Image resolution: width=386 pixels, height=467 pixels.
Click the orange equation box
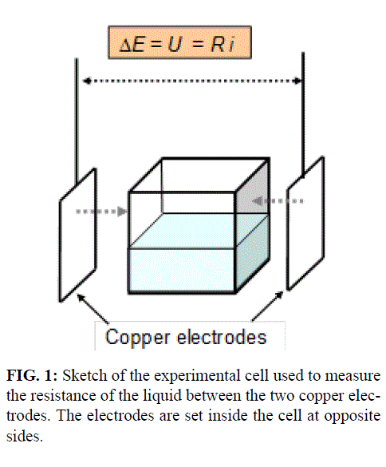[179, 42]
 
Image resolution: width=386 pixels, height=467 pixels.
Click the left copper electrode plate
[77, 235]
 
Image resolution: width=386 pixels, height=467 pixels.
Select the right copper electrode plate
[305, 223]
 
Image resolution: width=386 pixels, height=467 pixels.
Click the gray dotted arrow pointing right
[101, 212]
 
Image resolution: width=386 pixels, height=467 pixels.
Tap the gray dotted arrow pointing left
[278, 201]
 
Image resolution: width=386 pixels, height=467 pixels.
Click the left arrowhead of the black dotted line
[87, 81]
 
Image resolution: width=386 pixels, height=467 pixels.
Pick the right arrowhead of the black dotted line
[297, 81]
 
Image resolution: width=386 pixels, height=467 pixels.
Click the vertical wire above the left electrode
[77, 121]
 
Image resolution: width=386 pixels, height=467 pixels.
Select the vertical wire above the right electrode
[303, 115]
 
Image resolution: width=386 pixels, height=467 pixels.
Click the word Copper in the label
[137, 338]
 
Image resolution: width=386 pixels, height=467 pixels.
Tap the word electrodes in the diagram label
[222, 337]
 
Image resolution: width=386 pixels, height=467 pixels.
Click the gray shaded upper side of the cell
[253, 187]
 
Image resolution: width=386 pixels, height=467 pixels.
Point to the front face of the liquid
[182, 270]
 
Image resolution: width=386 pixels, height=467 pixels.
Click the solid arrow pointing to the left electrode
[93, 309]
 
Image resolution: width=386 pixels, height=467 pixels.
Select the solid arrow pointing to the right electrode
[267, 307]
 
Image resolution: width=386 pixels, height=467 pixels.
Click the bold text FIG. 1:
[32, 375]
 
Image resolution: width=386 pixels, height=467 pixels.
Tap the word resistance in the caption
[64, 395]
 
